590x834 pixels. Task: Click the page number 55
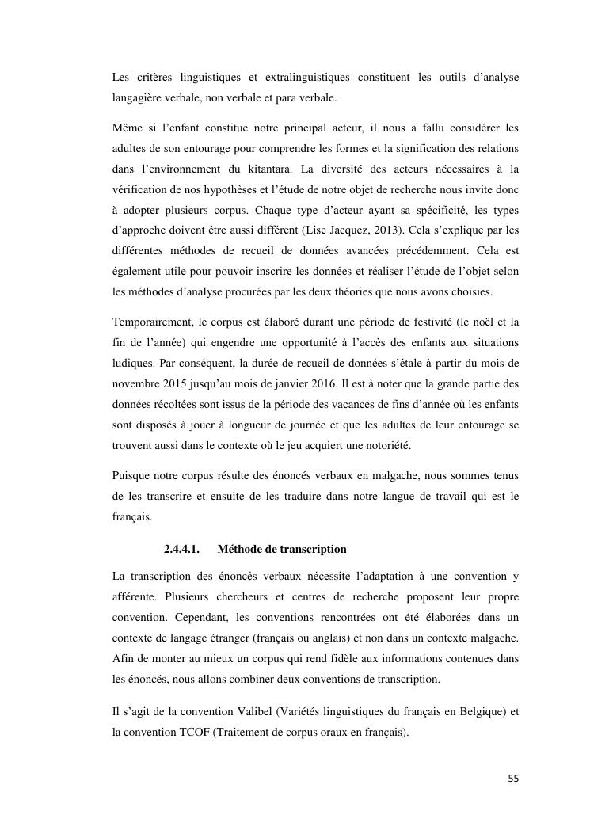(x=513, y=779)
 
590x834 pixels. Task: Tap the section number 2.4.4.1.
(x=181, y=549)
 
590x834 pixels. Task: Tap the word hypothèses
(x=219, y=189)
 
